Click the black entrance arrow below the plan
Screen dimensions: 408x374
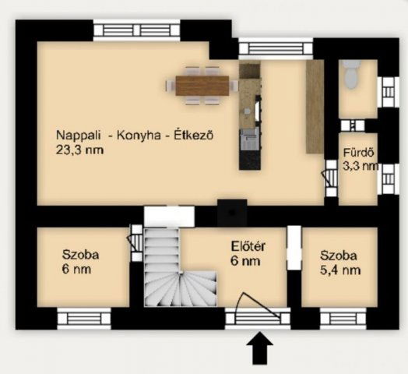coord(260,348)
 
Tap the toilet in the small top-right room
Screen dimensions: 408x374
coord(351,74)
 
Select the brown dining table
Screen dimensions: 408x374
coord(202,86)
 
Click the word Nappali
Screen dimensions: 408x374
coord(79,136)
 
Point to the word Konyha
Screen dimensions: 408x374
coord(139,136)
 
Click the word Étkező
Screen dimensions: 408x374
coord(194,135)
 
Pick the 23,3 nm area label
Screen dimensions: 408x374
coord(79,150)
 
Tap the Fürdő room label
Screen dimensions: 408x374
coord(359,153)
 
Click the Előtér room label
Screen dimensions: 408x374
coord(248,246)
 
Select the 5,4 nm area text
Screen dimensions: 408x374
coord(340,270)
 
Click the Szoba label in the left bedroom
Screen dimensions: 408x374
coord(81,255)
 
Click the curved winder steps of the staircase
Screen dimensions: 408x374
coord(182,290)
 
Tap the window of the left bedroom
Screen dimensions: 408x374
coord(84,319)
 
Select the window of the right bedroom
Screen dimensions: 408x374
coord(343,319)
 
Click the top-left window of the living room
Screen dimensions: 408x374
coord(136,30)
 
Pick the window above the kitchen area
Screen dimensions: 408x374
coord(276,49)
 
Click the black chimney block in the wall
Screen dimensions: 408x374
coord(232,213)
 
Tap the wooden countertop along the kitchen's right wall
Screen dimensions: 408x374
coord(315,107)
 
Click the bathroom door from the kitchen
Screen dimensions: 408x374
coord(330,178)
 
